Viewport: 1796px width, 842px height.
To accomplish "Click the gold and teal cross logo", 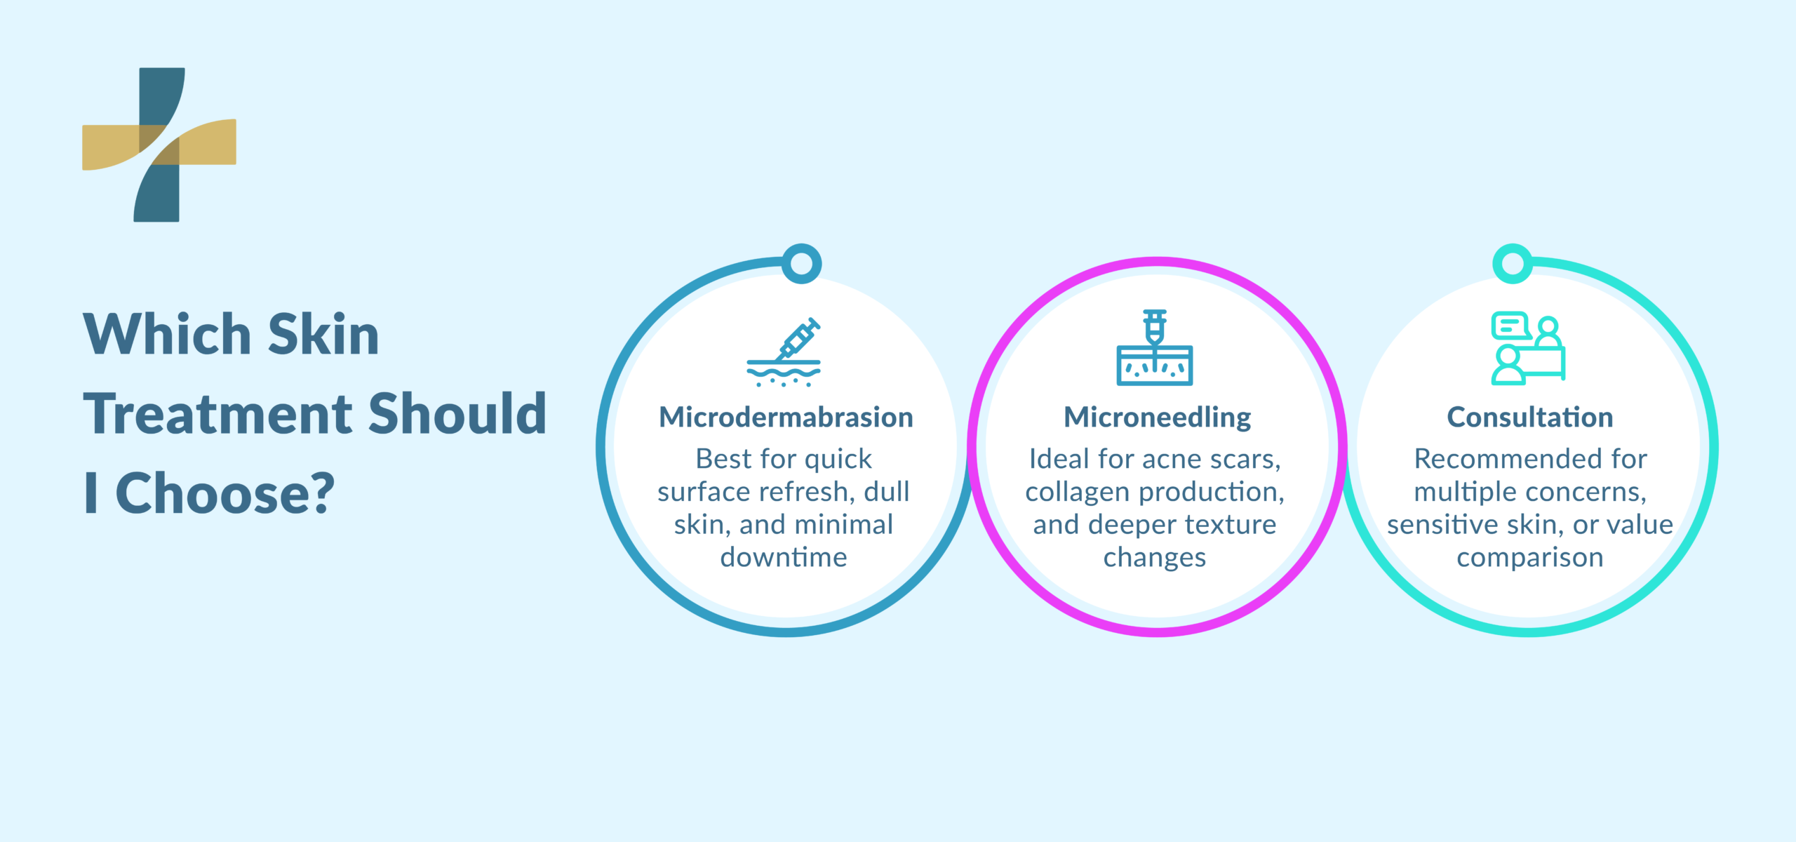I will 159,145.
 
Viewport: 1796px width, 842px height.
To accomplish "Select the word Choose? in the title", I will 225,493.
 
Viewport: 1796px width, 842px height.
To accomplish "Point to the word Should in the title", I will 457,414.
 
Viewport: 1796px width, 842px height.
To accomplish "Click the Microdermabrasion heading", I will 786,417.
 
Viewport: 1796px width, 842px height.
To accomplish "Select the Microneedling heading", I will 1157,417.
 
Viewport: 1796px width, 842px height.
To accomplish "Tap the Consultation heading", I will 1529,417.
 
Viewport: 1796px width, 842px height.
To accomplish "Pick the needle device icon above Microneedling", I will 1155,348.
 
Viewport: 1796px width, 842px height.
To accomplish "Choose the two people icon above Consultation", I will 1528,348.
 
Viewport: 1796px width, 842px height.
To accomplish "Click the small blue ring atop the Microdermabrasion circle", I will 801,264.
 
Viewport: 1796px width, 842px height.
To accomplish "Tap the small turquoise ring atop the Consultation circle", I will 1513,264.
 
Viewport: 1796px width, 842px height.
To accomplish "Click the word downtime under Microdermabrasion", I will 784,558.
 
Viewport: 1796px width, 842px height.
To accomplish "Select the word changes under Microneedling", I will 1155,558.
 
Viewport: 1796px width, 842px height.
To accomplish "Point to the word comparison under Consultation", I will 1530,558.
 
